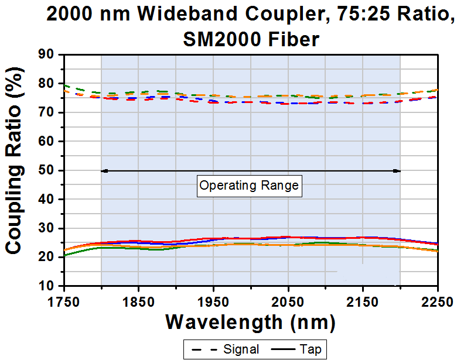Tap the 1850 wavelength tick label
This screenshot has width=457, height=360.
click(138, 301)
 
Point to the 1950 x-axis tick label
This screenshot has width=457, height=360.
click(213, 301)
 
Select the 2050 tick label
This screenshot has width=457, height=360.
click(288, 301)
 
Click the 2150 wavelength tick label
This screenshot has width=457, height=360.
click(363, 301)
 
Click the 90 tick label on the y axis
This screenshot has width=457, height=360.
click(46, 55)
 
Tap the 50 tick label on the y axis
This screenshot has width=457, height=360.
click(46, 170)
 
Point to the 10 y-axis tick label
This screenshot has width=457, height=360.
click(46, 286)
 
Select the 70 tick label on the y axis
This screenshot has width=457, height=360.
click(46, 112)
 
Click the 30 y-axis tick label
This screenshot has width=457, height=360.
click(46, 228)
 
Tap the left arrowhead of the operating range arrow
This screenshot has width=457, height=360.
click(104, 171)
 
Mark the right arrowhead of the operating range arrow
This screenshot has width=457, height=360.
click(397, 171)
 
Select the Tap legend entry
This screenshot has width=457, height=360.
click(295, 349)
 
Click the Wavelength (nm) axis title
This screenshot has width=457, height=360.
click(251, 321)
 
